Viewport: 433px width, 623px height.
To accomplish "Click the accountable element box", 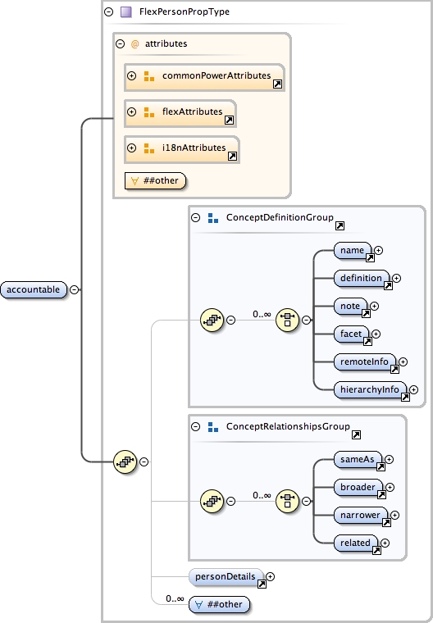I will pyautogui.click(x=34, y=289).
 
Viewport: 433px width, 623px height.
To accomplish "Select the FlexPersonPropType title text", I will pyautogui.click(x=185, y=12).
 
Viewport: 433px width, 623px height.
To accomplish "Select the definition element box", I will pyautogui.click(x=362, y=278).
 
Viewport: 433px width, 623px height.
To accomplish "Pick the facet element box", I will pyautogui.click(x=351, y=333).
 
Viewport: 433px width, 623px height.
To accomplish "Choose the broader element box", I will pyautogui.click(x=359, y=488).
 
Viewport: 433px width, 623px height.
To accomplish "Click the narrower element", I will pyautogui.click(x=362, y=515).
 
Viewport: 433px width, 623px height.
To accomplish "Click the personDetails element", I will pyautogui.click(x=226, y=576).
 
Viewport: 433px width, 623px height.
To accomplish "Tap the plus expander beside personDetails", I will pyautogui.click(x=271, y=576).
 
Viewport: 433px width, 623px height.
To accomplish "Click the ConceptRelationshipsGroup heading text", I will pyautogui.click(x=288, y=427).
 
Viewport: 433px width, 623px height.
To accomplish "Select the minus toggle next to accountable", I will pyautogui.click(x=75, y=289).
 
